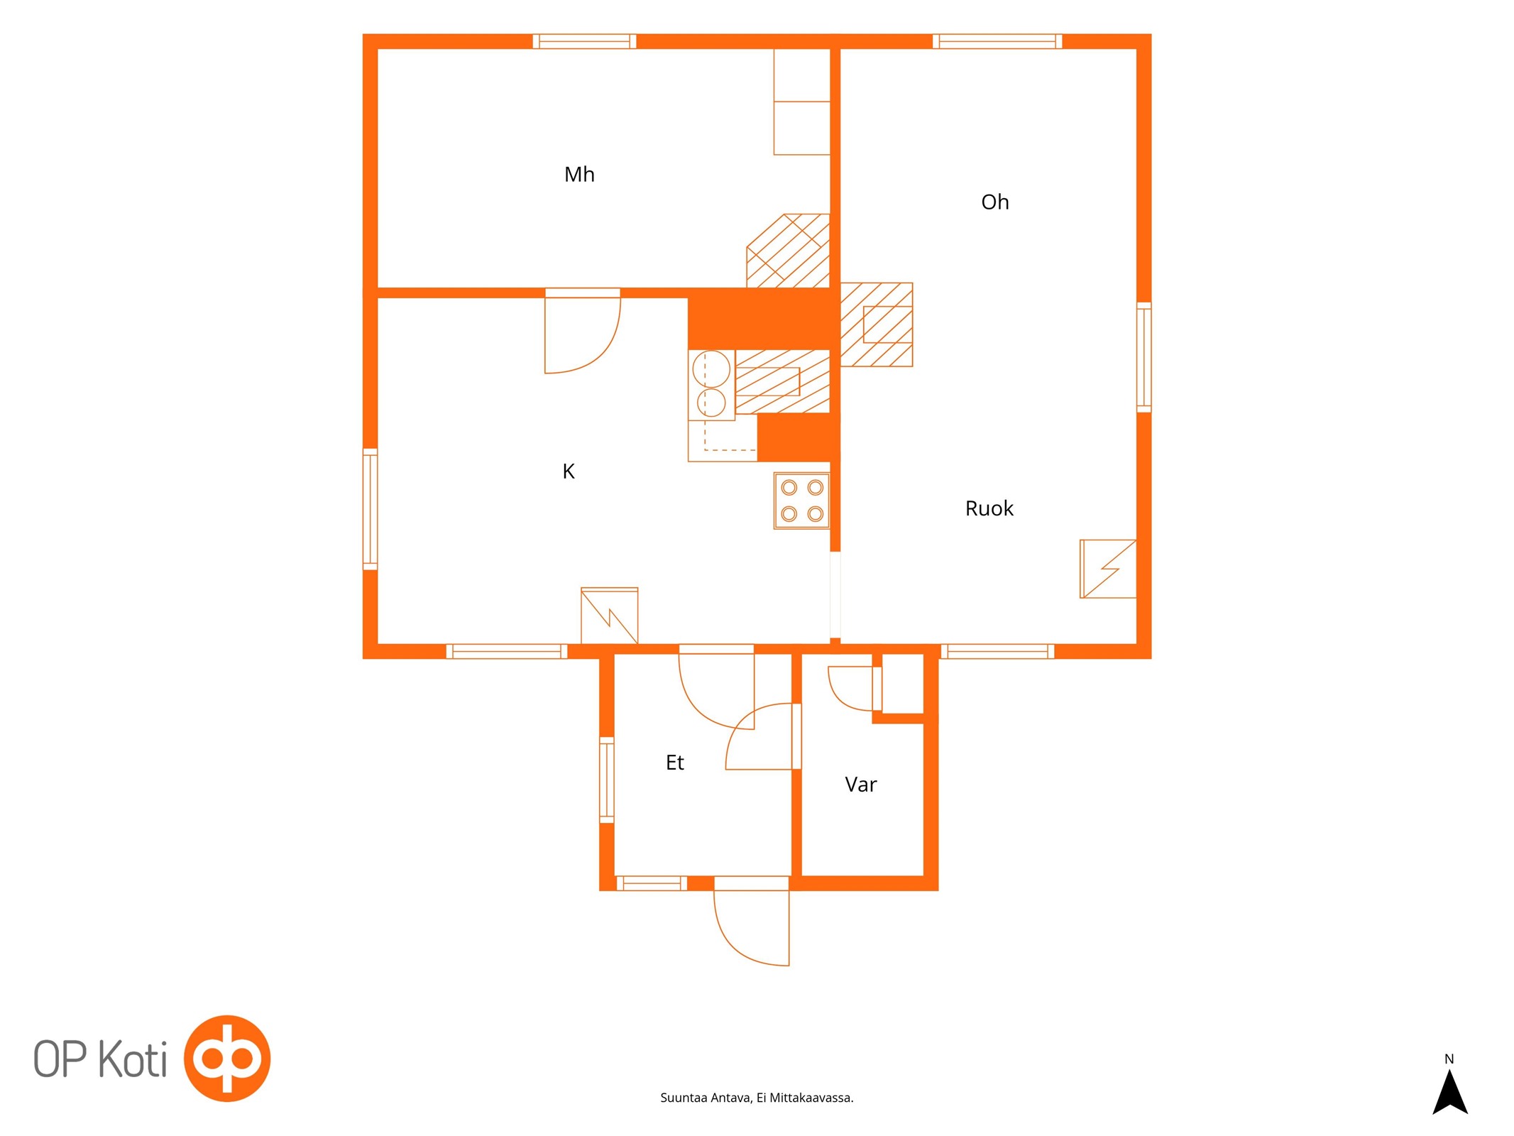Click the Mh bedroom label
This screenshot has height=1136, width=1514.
pyautogui.click(x=579, y=174)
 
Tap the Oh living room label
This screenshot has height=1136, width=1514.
pyautogui.click(x=994, y=202)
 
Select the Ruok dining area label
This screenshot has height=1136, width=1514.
pyautogui.click(x=989, y=508)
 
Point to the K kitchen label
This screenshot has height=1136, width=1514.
pyautogui.click(x=568, y=471)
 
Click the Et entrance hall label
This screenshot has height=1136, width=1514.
pyautogui.click(x=674, y=763)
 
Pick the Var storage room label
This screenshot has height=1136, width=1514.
pyautogui.click(x=860, y=785)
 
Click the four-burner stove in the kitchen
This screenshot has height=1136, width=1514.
pyautogui.click(x=801, y=501)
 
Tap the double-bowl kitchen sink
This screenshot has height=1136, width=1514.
pyautogui.click(x=711, y=385)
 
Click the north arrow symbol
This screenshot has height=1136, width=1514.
pyautogui.click(x=1449, y=1092)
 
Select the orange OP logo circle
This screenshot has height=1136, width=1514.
pyautogui.click(x=227, y=1058)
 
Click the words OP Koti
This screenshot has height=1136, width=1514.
pyautogui.click(x=100, y=1059)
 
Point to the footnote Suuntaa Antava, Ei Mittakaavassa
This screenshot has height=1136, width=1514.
pyautogui.click(x=757, y=1098)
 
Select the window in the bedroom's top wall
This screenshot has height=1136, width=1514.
pyautogui.click(x=584, y=41)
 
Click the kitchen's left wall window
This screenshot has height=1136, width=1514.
pyautogui.click(x=370, y=509)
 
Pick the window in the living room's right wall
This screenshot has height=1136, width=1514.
pyautogui.click(x=1143, y=357)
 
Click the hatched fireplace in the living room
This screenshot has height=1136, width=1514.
pyautogui.click(x=876, y=324)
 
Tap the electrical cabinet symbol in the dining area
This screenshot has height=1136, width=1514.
pyautogui.click(x=1108, y=569)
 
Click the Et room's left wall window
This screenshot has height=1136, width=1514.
pyautogui.click(x=606, y=780)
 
